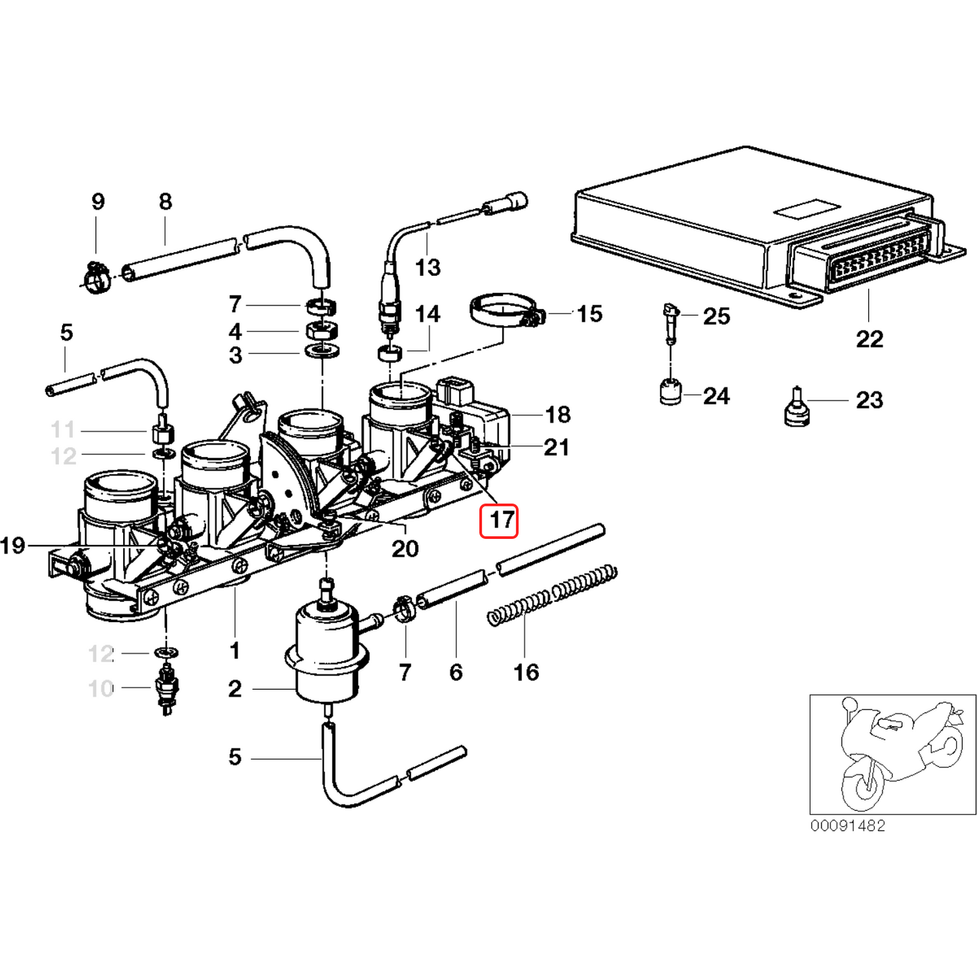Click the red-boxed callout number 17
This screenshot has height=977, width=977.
point(499,521)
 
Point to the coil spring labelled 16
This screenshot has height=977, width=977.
point(551,595)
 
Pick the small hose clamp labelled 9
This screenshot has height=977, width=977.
point(97,277)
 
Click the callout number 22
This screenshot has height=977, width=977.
point(869,339)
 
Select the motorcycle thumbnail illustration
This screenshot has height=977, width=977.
point(892,754)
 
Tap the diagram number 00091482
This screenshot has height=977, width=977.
point(848,826)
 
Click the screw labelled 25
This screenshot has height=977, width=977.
point(671,323)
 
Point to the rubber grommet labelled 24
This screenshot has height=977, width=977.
point(671,392)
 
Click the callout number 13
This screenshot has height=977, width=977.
point(427,268)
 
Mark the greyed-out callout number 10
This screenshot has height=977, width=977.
point(101,688)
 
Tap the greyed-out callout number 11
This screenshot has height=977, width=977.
point(63,429)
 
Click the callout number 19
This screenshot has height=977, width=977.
point(13,545)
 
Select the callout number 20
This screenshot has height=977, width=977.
point(405,548)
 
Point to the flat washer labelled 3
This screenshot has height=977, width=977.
point(323,352)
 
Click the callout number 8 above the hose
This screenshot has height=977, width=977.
point(166,201)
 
